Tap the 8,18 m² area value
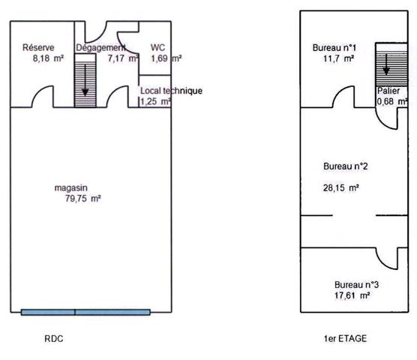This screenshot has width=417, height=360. point(38,57)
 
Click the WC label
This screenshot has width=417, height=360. point(157,46)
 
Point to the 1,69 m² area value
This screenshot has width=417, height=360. point(165,57)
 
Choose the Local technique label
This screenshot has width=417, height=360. point(171,91)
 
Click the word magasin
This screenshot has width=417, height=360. point(71,187)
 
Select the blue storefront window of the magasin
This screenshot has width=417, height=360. point(85,312)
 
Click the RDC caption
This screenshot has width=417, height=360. point(54,339)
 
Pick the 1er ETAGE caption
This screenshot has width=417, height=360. point(345,339)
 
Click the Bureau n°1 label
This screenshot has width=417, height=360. point(334,48)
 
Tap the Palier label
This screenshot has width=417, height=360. point(388,90)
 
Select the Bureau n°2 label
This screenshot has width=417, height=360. point(344,166)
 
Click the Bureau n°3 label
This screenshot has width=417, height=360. point(356,285)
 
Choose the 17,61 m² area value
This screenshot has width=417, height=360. point(351,295)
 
